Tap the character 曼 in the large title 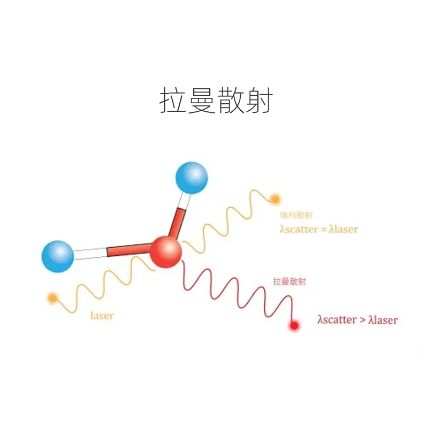click(x=202, y=101)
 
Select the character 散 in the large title click(x=231, y=101)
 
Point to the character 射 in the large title click(x=259, y=101)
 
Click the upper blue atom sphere click(x=191, y=177)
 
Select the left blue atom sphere click(x=58, y=256)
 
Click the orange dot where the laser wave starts click(x=52, y=297)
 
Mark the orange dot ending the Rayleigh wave click(x=275, y=200)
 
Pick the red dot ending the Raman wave click(x=294, y=325)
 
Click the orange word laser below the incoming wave click(x=102, y=316)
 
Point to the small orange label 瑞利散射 click(x=296, y=215)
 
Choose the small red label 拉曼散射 click(x=289, y=282)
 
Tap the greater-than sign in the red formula click(x=362, y=320)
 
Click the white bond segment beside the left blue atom click(x=90, y=254)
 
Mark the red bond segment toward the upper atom click(x=177, y=223)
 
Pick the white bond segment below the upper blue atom click(x=184, y=200)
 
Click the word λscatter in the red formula click(x=337, y=320)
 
